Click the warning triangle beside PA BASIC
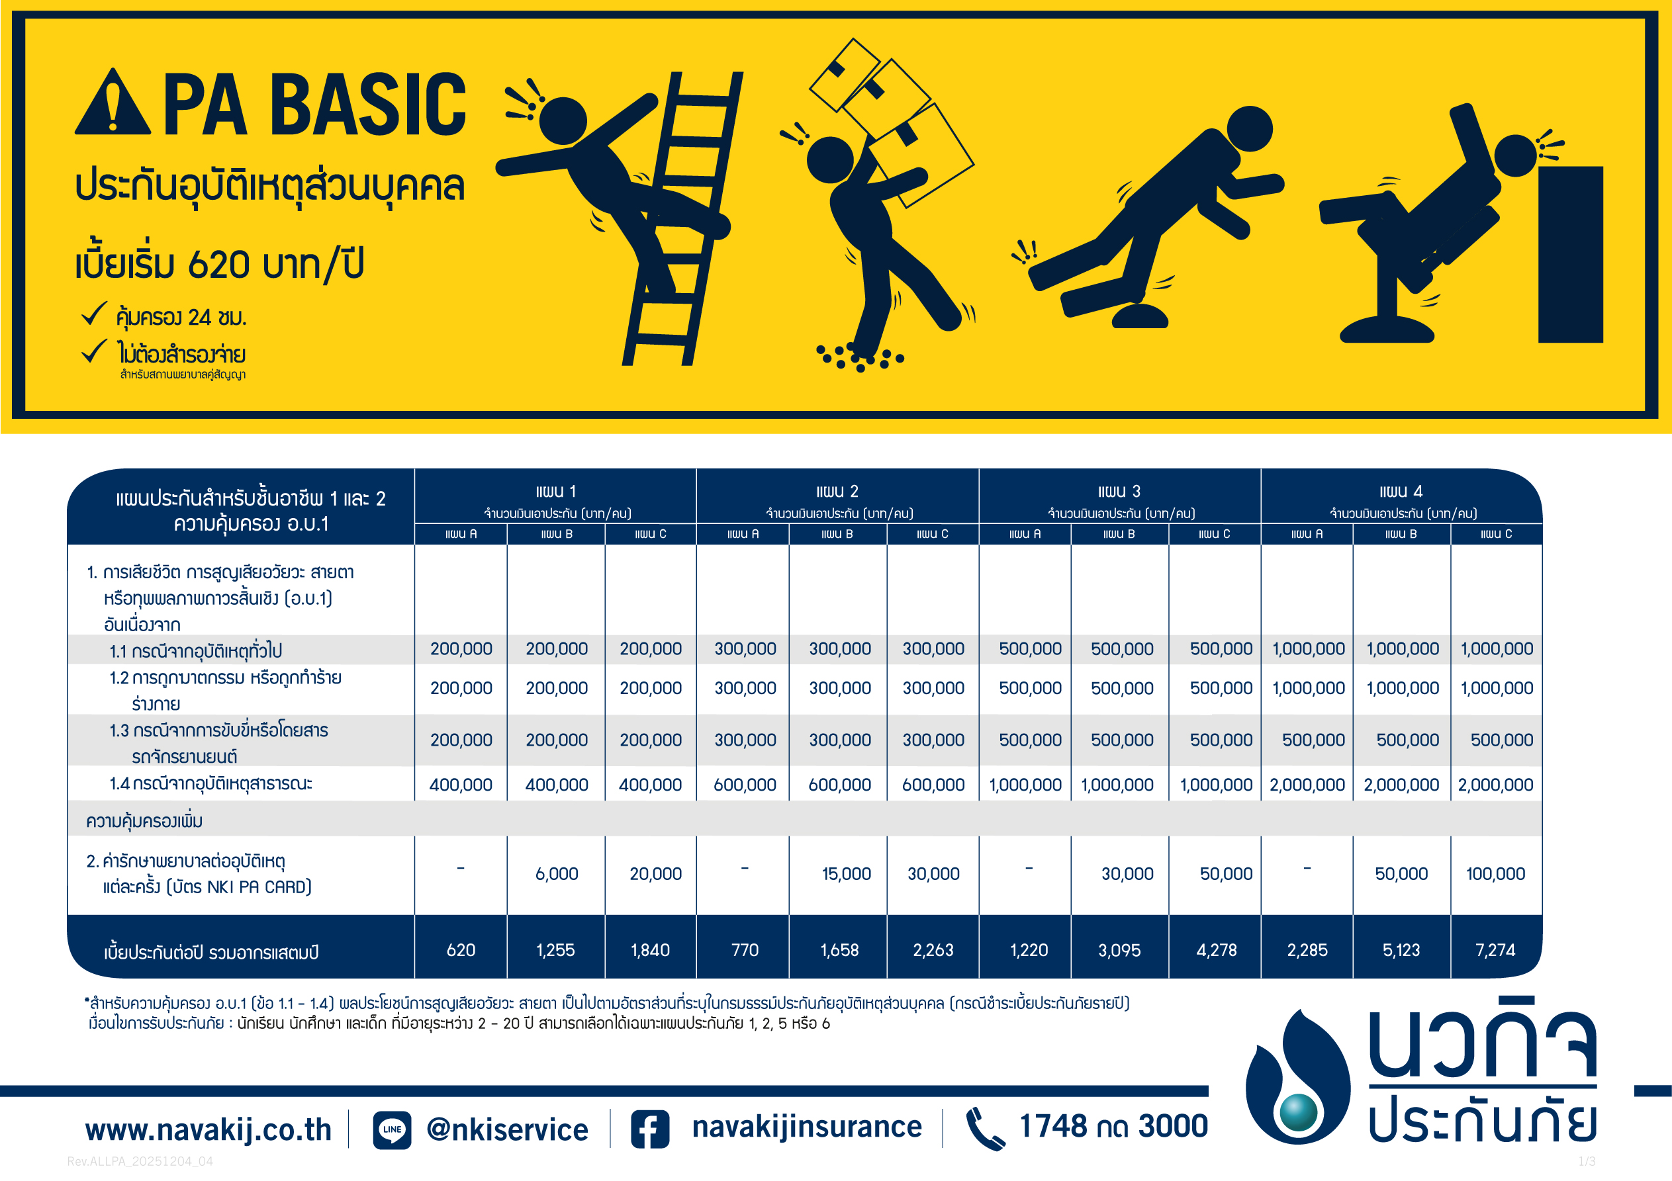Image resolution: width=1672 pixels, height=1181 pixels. (x=113, y=103)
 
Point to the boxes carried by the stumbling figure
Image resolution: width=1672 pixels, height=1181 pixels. (x=892, y=120)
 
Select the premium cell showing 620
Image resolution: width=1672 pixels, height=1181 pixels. (x=461, y=950)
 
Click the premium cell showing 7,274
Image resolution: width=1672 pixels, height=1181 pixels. (x=1495, y=950)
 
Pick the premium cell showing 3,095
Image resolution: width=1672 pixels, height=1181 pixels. (x=1119, y=950)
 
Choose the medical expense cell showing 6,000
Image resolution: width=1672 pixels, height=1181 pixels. (x=557, y=874)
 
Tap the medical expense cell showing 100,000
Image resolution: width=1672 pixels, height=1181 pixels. (x=1495, y=874)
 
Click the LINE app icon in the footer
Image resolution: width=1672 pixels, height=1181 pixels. (x=392, y=1129)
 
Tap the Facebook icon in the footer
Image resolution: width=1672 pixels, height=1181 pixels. (x=649, y=1129)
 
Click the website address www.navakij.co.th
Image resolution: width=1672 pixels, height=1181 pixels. (x=209, y=1130)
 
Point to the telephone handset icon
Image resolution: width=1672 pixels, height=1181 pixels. (x=986, y=1129)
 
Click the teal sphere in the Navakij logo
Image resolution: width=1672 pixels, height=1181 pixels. (x=1299, y=1112)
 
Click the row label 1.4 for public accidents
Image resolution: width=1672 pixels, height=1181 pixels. (x=210, y=784)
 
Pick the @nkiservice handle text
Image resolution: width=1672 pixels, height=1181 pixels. (x=507, y=1130)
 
